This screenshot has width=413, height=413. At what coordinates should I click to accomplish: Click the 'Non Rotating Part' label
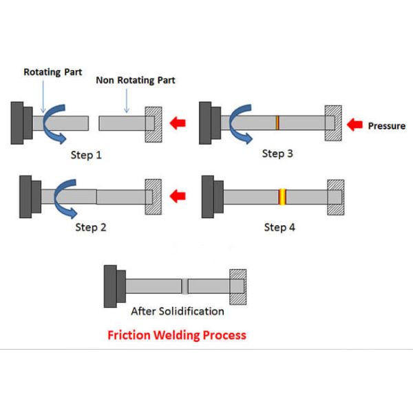click(135, 80)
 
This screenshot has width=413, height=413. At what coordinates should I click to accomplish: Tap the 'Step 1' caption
click(87, 155)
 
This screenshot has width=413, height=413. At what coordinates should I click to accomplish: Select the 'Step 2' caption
click(91, 226)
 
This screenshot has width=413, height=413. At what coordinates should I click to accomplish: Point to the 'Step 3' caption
click(277, 153)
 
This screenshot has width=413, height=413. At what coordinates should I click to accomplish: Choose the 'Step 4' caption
click(280, 226)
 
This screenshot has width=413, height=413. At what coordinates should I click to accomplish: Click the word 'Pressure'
click(387, 126)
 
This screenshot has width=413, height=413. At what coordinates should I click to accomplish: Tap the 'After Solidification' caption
click(178, 311)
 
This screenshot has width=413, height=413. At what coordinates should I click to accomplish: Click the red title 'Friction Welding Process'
click(176, 336)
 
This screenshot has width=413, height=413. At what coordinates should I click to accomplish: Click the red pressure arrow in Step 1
click(178, 124)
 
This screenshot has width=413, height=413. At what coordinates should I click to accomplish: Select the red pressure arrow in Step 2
click(178, 196)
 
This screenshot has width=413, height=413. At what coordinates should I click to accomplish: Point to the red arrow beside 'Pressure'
click(356, 125)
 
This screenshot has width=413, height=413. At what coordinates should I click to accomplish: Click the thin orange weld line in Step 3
click(277, 123)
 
